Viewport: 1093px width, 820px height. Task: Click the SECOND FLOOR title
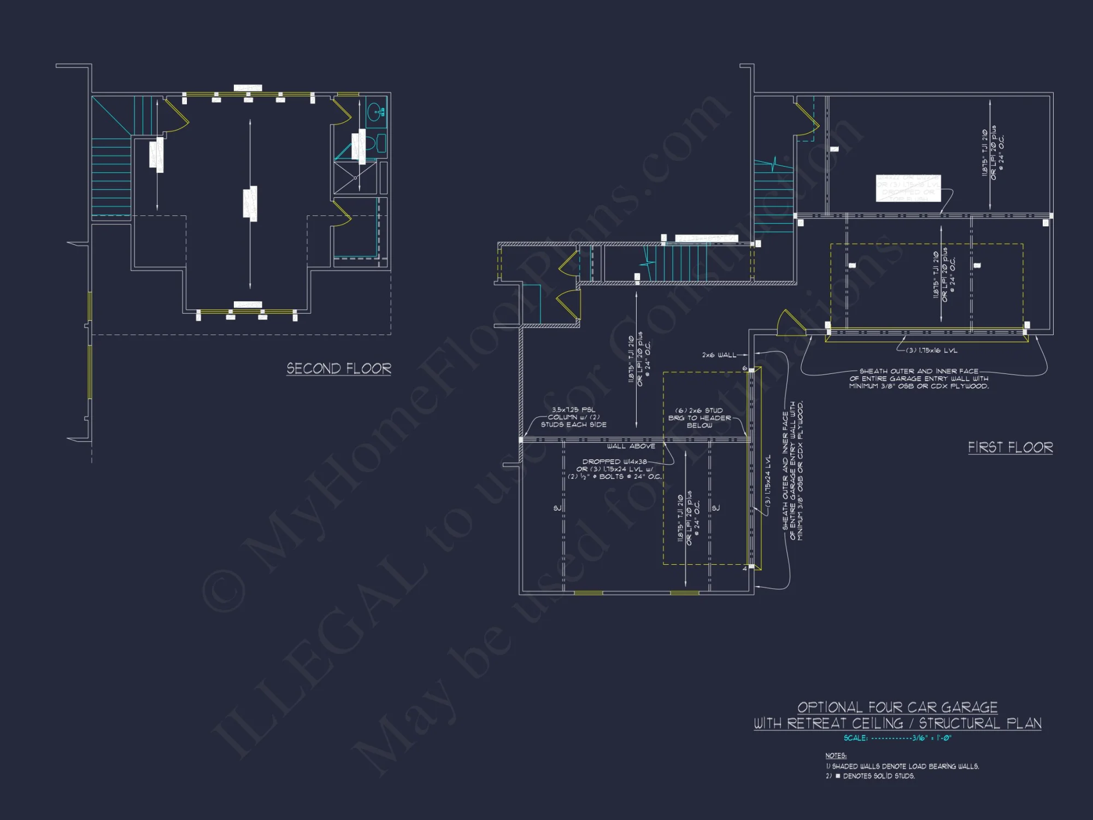tap(339, 368)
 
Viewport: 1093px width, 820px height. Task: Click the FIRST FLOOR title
tap(1010, 447)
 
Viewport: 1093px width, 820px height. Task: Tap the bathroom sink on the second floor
tap(375, 113)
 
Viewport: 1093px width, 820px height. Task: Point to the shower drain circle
tap(355, 178)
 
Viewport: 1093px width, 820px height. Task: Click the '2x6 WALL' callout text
tap(719, 355)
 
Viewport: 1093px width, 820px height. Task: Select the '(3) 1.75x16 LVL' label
tap(932, 350)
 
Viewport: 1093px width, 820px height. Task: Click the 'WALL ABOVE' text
tap(631, 446)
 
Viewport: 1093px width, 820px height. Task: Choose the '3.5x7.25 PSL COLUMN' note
tap(573, 417)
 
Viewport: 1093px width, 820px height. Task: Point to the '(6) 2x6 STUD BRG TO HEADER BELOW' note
tap(699, 418)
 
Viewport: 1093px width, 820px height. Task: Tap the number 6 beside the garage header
tap(744, 368)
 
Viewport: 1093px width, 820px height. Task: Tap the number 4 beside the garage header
tap(744, 569)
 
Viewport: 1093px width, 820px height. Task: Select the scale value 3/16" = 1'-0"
tap(931, 738)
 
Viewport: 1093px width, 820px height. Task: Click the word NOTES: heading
tap(836, 755)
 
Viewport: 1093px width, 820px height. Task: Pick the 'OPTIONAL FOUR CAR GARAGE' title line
tap(897, 707)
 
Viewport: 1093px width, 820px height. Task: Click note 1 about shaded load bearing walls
tap(902, 766)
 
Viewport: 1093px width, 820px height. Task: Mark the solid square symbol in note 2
tap(838, 776)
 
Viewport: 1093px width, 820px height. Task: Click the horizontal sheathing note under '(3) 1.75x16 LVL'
tap(919, 378)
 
